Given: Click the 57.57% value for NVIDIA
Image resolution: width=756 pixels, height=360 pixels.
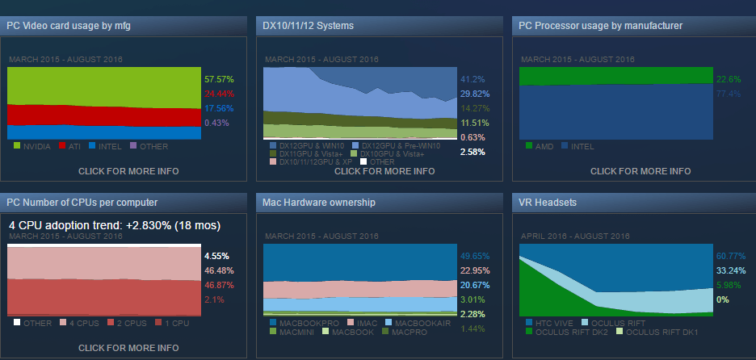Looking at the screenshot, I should click(219, 79).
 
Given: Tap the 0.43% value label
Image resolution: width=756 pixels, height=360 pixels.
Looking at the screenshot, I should click(216, 123).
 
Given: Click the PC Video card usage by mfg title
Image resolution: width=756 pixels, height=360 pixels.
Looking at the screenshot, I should click(69, 26).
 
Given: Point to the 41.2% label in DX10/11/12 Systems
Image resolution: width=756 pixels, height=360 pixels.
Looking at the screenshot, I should click(472, 79).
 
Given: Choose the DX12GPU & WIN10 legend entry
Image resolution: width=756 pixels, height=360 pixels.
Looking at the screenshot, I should click(311, 144).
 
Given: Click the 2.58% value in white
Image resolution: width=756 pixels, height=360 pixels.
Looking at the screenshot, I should click(472, 152).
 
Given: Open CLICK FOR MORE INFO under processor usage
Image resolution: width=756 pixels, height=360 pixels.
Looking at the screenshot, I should click(640, 171).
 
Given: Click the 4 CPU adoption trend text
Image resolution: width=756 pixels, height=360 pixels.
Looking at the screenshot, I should click(114, 225).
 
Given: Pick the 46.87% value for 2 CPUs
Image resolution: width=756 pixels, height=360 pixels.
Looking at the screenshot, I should click(219, 285).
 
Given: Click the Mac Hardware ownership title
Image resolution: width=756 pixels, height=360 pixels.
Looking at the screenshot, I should click(320, 202).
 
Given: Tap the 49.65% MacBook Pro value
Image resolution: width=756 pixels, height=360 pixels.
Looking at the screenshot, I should click(475, 255).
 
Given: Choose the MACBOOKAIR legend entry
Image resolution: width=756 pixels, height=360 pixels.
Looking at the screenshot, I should click(418, 322).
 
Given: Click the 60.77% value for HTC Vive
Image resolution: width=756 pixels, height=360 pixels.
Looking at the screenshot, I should click(730, 256).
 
